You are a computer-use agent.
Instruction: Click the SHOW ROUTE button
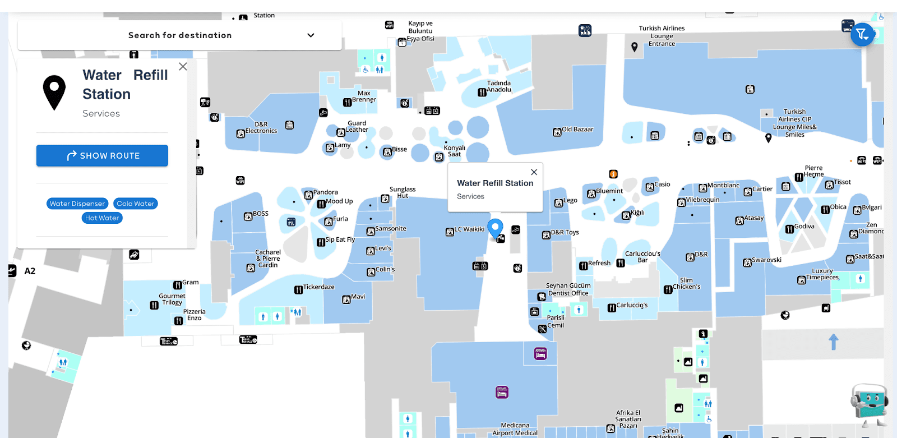102,155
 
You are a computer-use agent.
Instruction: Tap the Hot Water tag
102,218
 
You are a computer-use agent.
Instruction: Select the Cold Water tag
135,204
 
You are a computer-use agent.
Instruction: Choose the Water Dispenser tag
77,204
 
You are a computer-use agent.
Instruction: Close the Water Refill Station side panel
183,66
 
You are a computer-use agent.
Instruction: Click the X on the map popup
534,172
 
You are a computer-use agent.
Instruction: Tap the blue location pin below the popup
495,228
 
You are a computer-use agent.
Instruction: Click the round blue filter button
862,35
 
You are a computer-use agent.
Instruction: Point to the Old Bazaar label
577,130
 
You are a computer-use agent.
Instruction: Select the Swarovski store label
766,260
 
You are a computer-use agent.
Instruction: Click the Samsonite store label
390,229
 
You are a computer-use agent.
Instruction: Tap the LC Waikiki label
469,229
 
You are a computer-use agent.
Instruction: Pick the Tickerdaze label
318,287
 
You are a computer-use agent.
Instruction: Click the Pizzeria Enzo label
194,315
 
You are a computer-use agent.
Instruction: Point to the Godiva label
804,227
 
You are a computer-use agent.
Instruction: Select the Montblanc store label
723,186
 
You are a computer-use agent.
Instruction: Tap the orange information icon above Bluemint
613,174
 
